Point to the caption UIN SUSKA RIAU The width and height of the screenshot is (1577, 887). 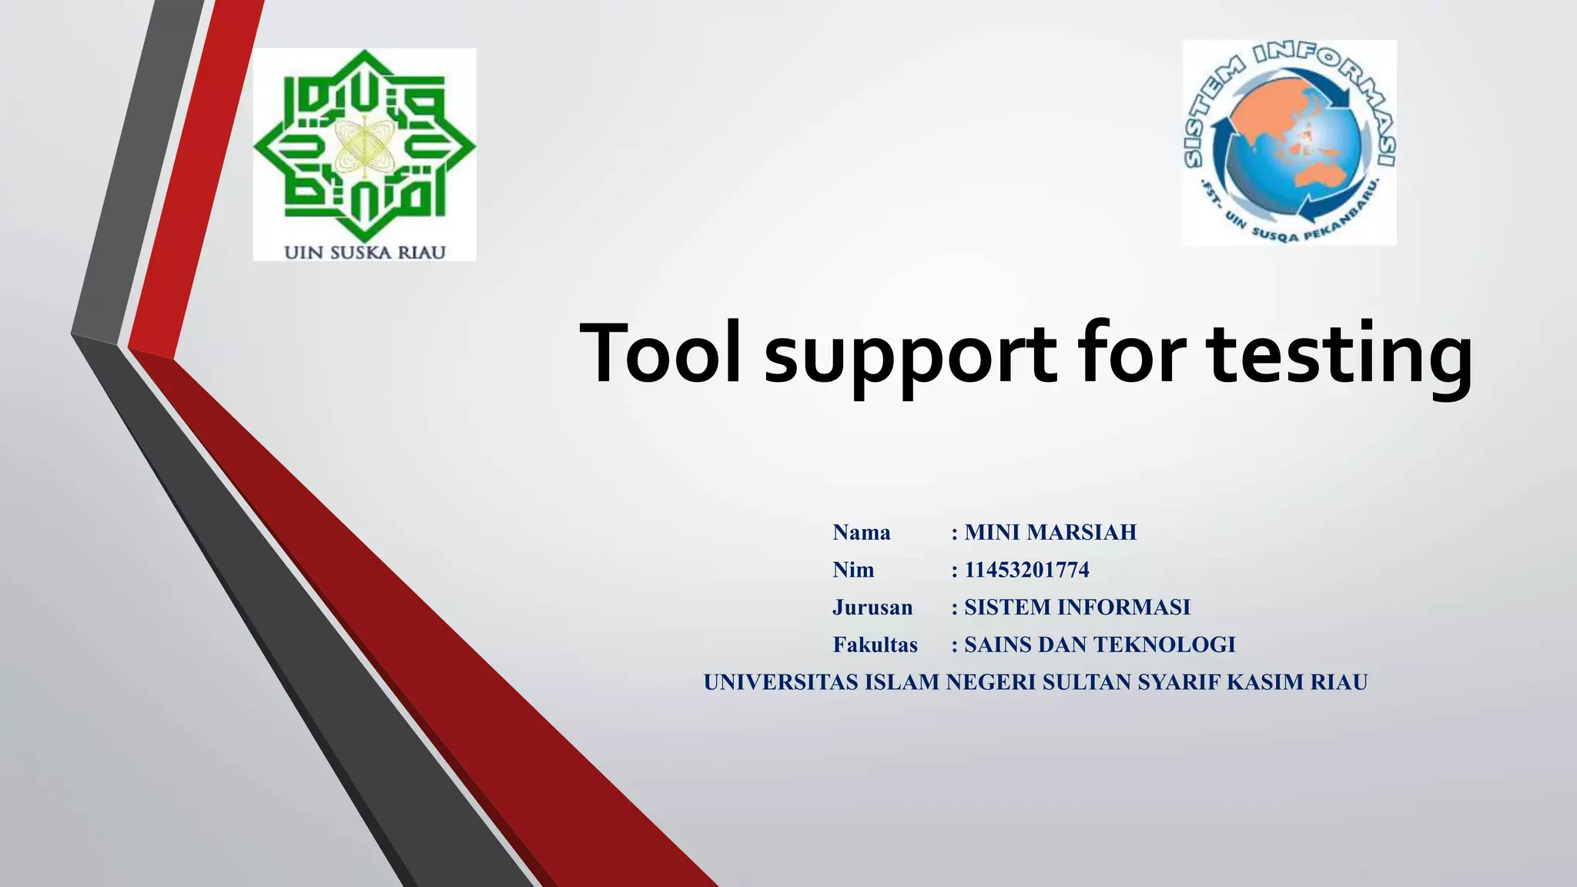365,253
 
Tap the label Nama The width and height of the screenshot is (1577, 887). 862,533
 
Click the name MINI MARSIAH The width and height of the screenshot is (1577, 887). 1050,533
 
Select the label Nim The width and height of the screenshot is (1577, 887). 853,571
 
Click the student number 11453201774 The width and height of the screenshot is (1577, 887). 1026,571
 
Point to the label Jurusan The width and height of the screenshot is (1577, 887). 872,608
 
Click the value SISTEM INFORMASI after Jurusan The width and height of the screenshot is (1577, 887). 1077,608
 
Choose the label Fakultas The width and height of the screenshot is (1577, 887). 876,645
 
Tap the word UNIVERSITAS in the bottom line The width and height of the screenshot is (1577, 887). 781,682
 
